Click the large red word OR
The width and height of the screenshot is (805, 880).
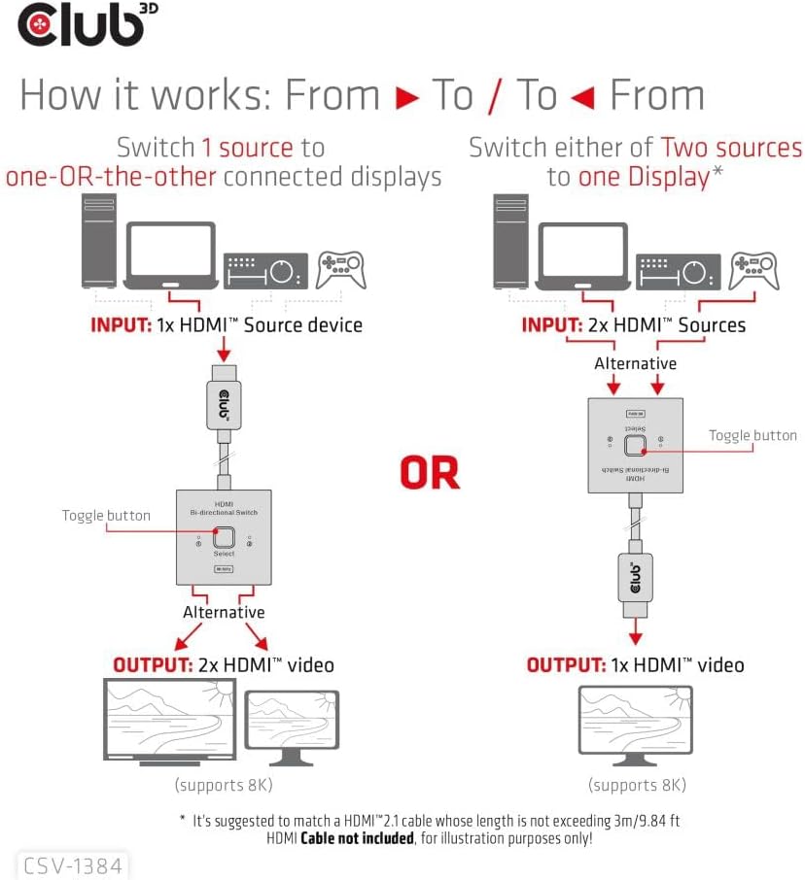point(429,472)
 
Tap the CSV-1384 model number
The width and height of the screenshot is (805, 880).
point(74,864)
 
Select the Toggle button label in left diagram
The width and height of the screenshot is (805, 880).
point(106,516)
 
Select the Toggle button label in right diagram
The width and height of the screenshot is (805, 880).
point(752,436)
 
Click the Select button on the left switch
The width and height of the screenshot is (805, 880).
point(224,537)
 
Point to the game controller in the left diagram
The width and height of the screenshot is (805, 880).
point(341,270)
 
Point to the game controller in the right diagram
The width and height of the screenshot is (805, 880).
point(753,270)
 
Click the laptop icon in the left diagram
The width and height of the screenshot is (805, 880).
point(171,254)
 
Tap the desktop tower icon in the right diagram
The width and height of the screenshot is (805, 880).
point(510,243)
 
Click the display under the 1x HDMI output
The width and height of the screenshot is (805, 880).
point(635,723)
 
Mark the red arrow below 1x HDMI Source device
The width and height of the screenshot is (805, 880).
point(225,349)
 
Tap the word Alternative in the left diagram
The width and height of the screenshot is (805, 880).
point(224,612)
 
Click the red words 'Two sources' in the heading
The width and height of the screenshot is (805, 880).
point(731,148)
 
